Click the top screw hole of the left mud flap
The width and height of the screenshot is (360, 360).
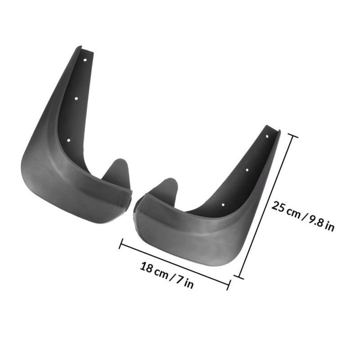[x=85, y=60]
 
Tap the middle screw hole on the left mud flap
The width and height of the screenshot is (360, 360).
[x=76, y=99]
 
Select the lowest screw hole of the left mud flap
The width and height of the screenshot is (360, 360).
[x=68, y=140]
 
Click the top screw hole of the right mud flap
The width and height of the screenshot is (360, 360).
[x=267, y=136]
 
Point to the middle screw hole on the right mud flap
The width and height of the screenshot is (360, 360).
[x=247, y=170]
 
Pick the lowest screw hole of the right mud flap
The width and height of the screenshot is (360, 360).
[x=223, y=205]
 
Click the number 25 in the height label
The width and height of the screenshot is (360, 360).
[x=279, y=207]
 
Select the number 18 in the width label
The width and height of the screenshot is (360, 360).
[x=146, y=267]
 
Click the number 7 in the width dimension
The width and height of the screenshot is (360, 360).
[x=179, y=279]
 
